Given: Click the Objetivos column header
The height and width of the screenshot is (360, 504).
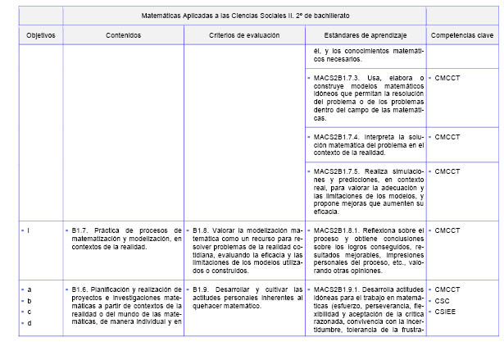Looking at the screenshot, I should click(34, 36).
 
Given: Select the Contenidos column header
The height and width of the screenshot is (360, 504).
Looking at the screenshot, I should click(123, 36).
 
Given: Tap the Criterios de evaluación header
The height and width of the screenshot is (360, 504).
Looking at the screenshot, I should click(244, 36).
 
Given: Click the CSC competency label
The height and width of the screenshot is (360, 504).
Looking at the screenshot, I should click(443, 300).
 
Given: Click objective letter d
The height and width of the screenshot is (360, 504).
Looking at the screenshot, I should click(29, 322).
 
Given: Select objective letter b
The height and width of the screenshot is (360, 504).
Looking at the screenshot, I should click(29, 300).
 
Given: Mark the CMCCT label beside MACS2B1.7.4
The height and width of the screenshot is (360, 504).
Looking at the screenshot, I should click(448, 136).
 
